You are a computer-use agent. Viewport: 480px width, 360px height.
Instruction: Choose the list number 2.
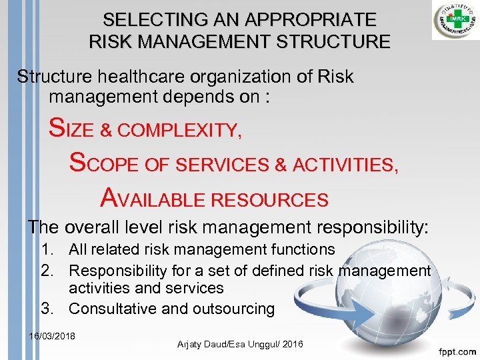47,271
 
